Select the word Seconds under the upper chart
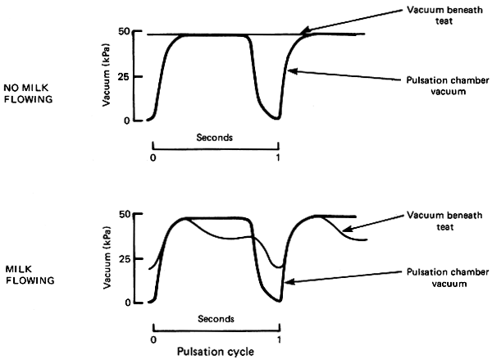(x=216, y=138)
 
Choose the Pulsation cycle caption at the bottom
(x=216, y=350)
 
